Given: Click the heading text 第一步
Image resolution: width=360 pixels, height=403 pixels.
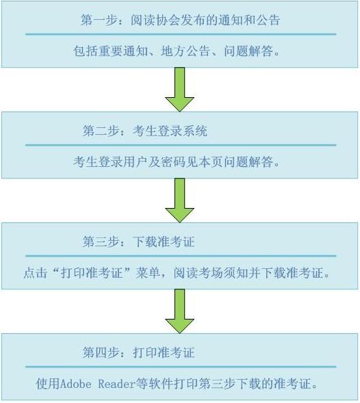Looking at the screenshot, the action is tap(99, 20).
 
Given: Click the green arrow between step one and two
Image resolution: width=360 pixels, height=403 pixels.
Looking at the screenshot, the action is tap(179, 90).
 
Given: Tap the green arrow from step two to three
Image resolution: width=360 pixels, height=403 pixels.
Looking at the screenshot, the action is tap(179, 200).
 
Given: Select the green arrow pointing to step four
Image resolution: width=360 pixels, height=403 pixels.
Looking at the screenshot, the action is tap(179, 311).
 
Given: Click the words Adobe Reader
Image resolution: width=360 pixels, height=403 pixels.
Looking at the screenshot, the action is tap(98, 384).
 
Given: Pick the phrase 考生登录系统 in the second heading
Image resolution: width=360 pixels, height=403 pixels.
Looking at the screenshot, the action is tap(170, 131).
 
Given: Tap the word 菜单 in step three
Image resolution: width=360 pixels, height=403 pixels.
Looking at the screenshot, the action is tap(149, 273).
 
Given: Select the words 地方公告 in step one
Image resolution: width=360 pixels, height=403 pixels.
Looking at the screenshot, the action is tap(185, 51).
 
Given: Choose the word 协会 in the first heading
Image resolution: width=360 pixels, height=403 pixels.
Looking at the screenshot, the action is tap(168, 20).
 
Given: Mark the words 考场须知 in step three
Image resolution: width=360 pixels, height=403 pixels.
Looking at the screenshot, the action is tap(223, 273).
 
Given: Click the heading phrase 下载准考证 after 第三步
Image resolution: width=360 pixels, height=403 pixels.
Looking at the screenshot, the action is tap(164, 242).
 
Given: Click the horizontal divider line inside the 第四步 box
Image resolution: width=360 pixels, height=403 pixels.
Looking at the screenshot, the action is tap(181, 367).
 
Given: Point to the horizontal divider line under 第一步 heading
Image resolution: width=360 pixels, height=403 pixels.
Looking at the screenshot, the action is tap(181, 34).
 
